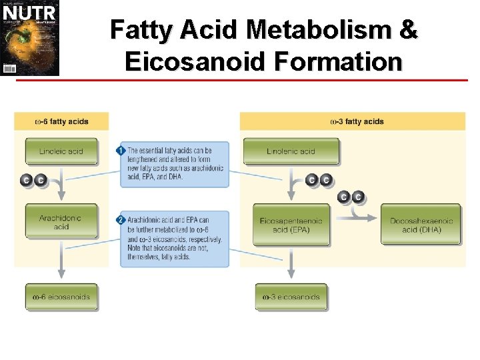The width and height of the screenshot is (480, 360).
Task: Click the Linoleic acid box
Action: [x=61, y=151]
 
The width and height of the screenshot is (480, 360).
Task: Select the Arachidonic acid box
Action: [x=61, y=222]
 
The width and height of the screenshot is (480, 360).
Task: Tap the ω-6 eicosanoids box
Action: [x=61, y=297]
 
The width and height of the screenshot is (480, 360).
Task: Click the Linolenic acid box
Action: [x=291, y=151]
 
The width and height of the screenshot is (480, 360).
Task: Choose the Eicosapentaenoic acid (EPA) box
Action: [x=291, y=225]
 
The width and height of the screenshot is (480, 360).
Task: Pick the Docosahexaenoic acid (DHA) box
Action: [x=421, y=225]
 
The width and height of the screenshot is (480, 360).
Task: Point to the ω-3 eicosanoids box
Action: [x=291, y=297]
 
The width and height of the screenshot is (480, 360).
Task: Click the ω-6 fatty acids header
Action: [x=61, y=122]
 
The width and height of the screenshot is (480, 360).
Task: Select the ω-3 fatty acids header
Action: [x=357, y=122]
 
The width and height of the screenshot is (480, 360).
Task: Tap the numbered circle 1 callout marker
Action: [x=121, y=150]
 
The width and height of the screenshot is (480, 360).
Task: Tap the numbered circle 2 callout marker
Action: [x=121, y=219]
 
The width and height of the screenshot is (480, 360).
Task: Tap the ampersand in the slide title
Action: [x=409, y=30]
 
